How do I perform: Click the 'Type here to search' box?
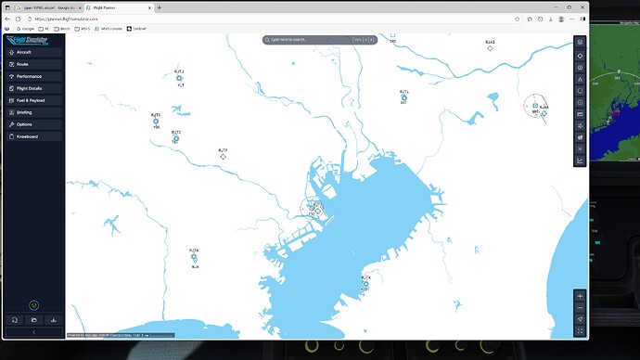coord(311,41)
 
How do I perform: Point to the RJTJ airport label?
coord(179,71)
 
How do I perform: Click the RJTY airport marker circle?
coord(156,122)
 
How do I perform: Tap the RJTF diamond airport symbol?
coord(223,156)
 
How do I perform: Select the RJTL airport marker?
coord(403,97)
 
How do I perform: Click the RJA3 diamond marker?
coord(490,48)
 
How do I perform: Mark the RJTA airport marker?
coord(194,258)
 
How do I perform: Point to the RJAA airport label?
coord(544,108)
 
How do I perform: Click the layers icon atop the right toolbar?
coord(580,42)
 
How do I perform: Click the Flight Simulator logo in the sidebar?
coord(32,40)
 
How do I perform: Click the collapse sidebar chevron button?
coord(32,331)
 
